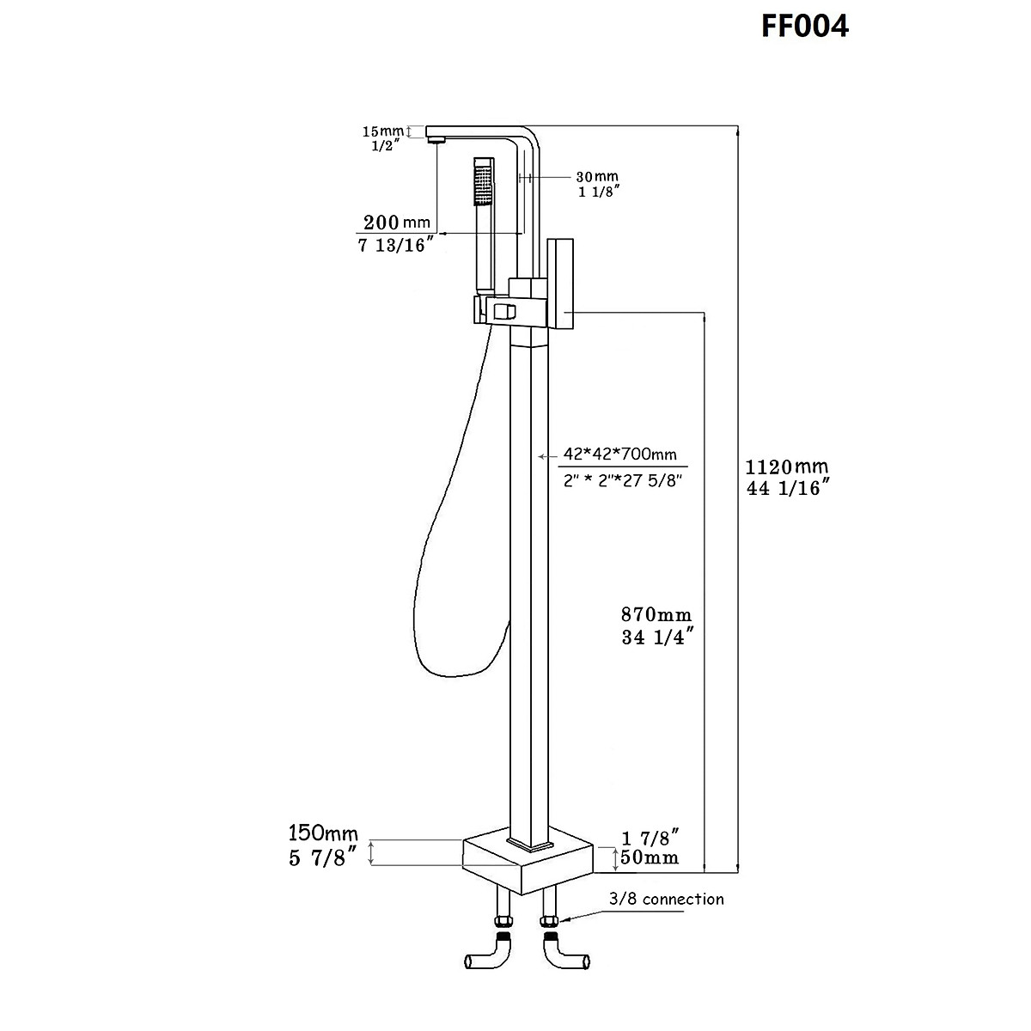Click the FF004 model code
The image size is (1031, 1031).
click(x=805, y=26)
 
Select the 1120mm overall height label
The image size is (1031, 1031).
click(x=786, y=467)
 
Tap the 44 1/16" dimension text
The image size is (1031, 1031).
click(x=787, y=489)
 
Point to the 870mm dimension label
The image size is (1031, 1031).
click(x=656, y=615)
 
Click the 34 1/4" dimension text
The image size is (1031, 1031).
click(x=656, y=637)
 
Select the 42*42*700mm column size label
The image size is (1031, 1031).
click(x=619, y=454)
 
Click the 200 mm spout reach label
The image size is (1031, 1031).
click(x=394, y=222)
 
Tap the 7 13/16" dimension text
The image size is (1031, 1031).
click(x=394, y=246)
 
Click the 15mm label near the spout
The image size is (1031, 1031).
click(x=382, y=131)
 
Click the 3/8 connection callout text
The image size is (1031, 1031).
click(x=666, y=899)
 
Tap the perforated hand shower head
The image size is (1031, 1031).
click(x=484, y=185)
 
